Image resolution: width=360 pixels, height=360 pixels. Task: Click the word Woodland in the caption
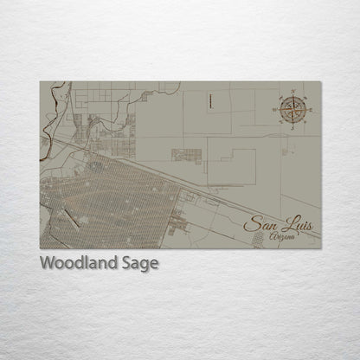77,263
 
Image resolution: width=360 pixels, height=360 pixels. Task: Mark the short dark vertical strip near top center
209,100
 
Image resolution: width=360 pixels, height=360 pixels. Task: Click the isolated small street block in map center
185,156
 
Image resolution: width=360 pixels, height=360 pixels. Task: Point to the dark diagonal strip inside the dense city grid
74,217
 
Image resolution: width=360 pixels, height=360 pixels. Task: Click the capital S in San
249,224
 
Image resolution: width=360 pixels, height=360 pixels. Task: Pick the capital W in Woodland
48,263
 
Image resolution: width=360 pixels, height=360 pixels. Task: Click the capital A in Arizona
273,235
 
